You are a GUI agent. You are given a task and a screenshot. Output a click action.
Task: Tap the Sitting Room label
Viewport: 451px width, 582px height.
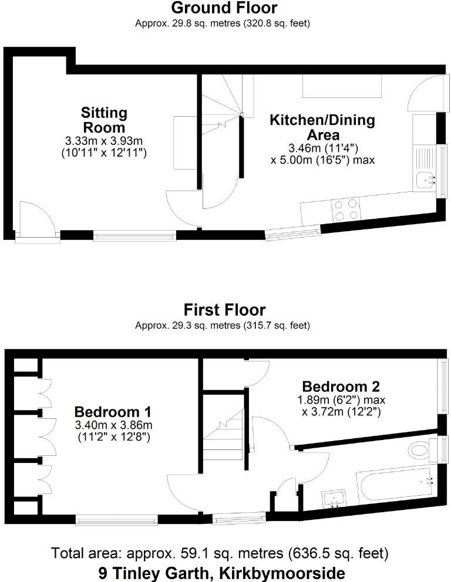pyautogui.click(x=103, y=120)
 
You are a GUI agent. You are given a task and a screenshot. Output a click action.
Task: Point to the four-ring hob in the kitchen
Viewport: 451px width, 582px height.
pyautogui.click(x=346, y=209)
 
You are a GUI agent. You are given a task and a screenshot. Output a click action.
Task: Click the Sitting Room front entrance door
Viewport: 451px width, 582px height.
pyautogui.click(x=36, y=222)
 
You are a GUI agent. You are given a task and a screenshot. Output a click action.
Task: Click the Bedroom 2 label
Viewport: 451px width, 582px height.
pyautogui.click(x=341, y=387)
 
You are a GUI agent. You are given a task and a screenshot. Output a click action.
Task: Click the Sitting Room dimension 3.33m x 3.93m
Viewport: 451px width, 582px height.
pyautogui.click(x=103, y=141)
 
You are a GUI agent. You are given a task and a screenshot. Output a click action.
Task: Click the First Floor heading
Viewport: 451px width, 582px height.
pyautogui.click(x=224, y=310)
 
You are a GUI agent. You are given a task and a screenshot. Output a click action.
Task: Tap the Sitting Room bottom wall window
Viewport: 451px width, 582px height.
pyautogui.click(x=134, y=236)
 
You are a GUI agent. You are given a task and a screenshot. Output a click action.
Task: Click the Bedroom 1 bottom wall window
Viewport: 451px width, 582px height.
pyautogui.click(x=116, y=519)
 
